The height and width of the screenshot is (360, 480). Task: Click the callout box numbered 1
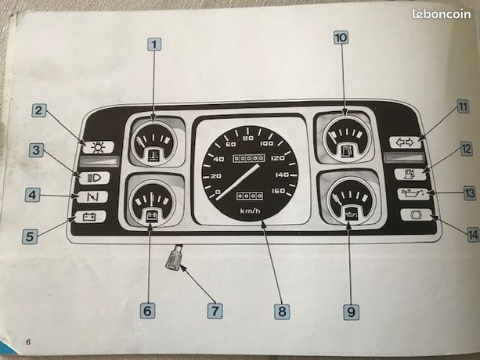(x=154, y=45)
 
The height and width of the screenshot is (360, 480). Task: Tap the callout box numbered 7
(x=215, y=311)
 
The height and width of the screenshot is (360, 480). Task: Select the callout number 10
(x=341, y=38)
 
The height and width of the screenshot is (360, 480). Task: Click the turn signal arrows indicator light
(x=406, y=142)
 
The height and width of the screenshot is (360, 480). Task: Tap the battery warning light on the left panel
(x=90, y=217)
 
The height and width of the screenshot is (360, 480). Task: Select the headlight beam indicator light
(x=94, y=178)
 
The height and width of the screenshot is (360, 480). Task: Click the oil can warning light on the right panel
(x=413, y=193)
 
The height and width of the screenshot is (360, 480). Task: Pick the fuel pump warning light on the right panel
(x=410, y=174)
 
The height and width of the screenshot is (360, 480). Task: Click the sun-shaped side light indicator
(x=98, y=147)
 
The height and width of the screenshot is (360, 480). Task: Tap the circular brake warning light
(x=416, y=214)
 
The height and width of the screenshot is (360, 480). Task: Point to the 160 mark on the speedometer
(x=278, y=191)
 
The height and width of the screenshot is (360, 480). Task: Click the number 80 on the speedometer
(x=248, y=139)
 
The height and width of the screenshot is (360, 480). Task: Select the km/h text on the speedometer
(x=250, y=211)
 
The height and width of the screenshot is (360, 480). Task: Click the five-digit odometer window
(x=248, y=158)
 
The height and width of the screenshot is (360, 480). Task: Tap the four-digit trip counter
(x=249, y=196)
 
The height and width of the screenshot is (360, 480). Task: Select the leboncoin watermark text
(x=442, y=13)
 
